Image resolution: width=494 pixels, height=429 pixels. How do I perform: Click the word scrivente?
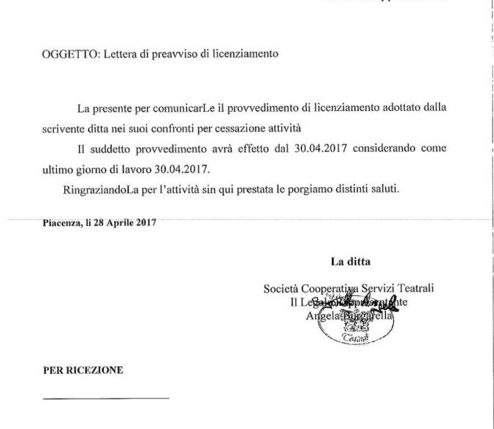64,129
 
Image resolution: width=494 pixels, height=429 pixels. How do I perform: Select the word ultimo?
58,170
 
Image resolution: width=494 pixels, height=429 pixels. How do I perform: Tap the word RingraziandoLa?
101,190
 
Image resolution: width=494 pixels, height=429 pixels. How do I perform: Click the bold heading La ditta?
351,261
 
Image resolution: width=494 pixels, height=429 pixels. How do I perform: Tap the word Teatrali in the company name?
412,289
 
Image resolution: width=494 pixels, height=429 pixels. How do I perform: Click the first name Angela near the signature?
322,316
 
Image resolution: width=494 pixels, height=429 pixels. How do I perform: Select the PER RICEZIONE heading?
83,371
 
